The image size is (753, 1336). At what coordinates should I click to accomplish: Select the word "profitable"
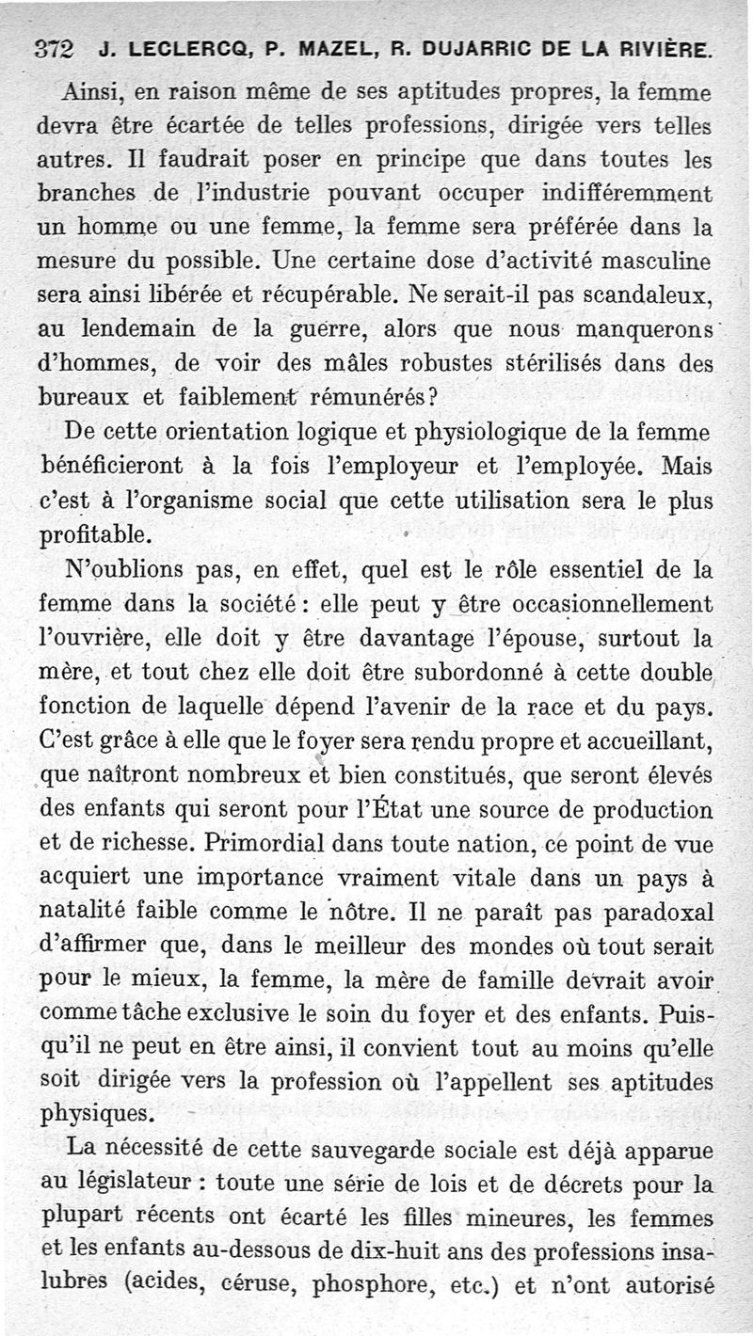[x=94, y=535]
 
